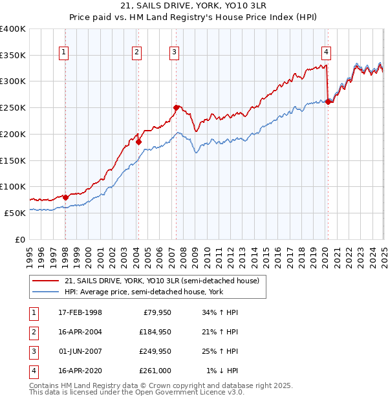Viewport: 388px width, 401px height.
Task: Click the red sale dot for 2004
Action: [138, 141]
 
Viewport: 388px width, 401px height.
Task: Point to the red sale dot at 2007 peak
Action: [176, 107]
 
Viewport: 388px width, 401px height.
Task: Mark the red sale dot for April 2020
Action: [328, 102]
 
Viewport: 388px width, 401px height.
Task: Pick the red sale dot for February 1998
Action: [66, 197]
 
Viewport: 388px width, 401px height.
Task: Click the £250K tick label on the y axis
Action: [12, 107]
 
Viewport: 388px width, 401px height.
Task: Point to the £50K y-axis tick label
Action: [15, 212]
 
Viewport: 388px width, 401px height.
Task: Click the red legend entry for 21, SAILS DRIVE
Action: [162, 281]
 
